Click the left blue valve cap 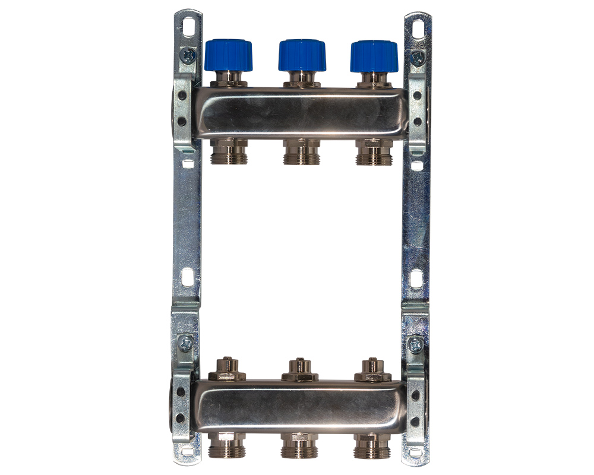click(x=229, y=55)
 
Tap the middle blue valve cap click(x=302, y=55)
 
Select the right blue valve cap click(x=374, y=56)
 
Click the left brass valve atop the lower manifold click(x=229, y=370)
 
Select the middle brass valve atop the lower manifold click(x=300, y=370)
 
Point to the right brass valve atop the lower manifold click(x=373, y=370)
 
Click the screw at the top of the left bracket click(x=189, y=56)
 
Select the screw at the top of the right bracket click(x=418, y=57)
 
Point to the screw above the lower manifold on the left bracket click(x=186, y=343)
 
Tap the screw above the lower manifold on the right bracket click(x=416, y=343)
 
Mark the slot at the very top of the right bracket click(x=418, y=27)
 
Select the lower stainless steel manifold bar click(x=300, y=407)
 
